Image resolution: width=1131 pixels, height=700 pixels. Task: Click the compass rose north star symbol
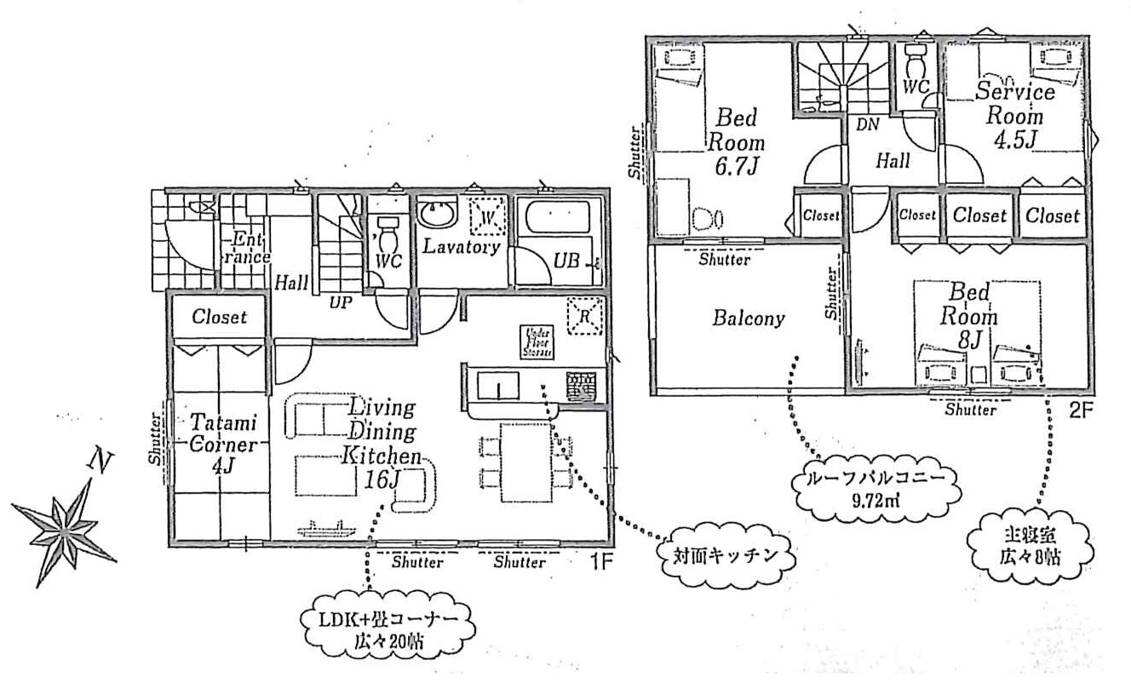[x=65, y=525]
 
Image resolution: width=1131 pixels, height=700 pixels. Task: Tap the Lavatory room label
[x=461, y=247]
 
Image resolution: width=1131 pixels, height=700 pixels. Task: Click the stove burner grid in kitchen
[x=581, y=386]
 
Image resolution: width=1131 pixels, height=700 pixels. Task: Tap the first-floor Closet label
[x=219, y=317]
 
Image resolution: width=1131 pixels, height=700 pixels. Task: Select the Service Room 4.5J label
[x=1015, y=115]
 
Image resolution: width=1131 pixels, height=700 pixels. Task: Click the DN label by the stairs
[x=868, y=124]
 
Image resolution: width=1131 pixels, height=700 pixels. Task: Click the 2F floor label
[x=1081, y=409]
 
